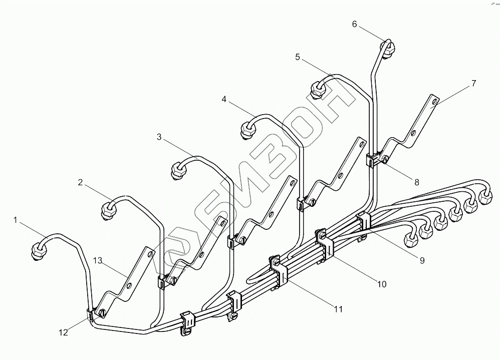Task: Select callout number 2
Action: [80, 182]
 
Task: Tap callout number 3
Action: [159, 137]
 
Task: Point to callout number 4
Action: [224, 100]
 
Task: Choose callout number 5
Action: [298, 57]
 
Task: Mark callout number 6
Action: [355, 24]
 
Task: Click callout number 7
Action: [473, 83]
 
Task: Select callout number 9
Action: [422, 260]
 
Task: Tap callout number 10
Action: [381, 284]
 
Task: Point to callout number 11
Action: [338, 309]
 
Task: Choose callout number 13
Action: [97, 260]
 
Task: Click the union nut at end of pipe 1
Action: [38, 250]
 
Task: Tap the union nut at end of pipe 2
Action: [109, 209]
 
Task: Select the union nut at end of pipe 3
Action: [178, 170]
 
